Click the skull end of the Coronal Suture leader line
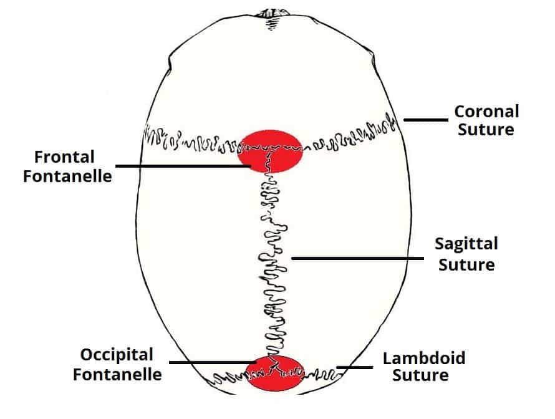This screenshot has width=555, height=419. point(405,120)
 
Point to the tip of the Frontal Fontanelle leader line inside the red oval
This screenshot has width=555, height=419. point(251,166)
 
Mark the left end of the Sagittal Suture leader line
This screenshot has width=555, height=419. point(292,258)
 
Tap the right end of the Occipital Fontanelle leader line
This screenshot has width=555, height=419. point(256,362)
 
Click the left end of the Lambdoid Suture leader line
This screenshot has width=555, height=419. point(337,367)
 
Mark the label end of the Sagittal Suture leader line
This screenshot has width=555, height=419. point(423,258)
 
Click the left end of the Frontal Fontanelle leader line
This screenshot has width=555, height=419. point(117,166)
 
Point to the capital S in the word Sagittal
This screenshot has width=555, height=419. point(440,243)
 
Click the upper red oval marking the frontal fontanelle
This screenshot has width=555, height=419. point(270,152)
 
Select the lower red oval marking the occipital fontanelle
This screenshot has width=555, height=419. point(275,373)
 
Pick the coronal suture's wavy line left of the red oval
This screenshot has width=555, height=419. point(191,140)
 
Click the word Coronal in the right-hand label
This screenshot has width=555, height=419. point(486,112)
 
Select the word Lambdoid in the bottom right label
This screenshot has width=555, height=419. point(424,358)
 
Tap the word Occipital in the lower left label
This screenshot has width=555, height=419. point(117,355)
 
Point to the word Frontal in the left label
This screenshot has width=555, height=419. point(64,157)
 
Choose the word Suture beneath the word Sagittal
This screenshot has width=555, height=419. point(466,265)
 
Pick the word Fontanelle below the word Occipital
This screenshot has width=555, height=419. point(117,374)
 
